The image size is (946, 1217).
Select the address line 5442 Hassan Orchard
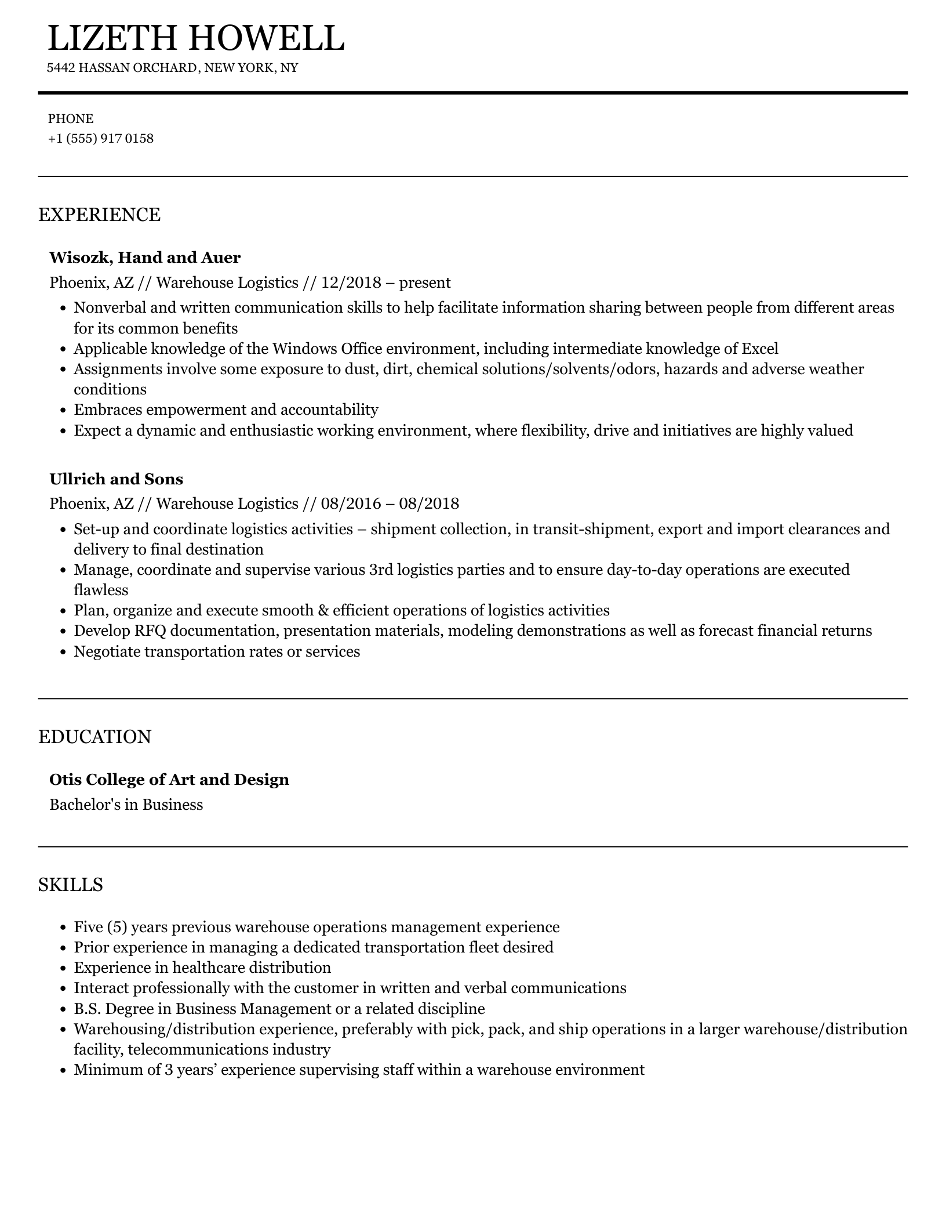172,68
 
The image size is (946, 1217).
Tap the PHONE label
71,119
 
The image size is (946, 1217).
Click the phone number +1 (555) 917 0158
101,139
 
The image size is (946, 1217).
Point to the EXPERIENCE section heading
99,215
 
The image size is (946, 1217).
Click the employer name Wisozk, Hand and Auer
145,257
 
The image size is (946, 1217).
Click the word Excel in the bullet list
759,349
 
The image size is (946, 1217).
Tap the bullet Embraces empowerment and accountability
226,410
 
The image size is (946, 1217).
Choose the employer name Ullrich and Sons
116,479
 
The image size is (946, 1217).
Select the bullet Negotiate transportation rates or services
217,651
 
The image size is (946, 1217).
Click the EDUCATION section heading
94,737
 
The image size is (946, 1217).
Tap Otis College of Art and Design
169,779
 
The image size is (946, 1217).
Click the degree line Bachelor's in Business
126,805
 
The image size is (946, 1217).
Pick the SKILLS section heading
71,885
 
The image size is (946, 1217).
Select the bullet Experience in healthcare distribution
202,968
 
